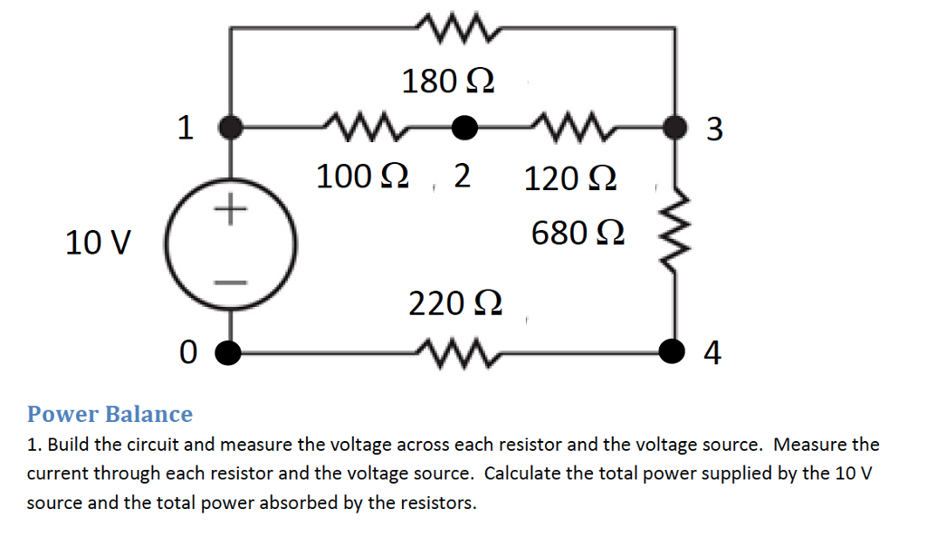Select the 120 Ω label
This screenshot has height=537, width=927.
pyautogui.click(x=570, y=178)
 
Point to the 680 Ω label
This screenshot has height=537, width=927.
pyautogui.click(x=578, y=233)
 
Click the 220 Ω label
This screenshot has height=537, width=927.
pyautogui.click(x=455, y=303)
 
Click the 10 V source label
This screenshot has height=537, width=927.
pyautogui.click(x=98, y=243)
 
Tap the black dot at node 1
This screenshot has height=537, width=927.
pyautogui.click(x=233, y=128)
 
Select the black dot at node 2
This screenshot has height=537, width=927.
pyautogui.click(x=464, y=129)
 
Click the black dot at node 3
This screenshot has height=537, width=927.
pyautogui.click(x=672, y=128)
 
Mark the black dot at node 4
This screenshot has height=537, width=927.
pyautogui.click(x=672, y=350)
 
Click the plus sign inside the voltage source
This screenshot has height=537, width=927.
pyautogui.click(x=232, y=210)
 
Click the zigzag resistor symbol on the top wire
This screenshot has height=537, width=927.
pyautogui.click(x=455, y=29)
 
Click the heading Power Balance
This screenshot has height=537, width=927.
pyautogui.click(x=110, y=414)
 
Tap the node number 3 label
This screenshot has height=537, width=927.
pyautogui.click(x=713, y=129)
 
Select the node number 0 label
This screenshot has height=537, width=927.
pyautogui.click(x=187, y=350)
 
